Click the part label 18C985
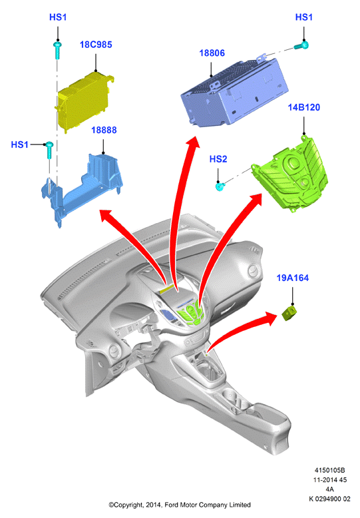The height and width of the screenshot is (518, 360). click(96, 45)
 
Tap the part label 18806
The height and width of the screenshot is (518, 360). click(212, 53)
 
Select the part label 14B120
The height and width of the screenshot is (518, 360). click(304, 107)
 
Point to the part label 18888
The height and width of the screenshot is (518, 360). click(104, 130)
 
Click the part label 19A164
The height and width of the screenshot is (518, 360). click(293, 278)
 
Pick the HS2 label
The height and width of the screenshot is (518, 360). click(218, 159)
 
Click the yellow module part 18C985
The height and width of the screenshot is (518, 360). click(85, 102)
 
